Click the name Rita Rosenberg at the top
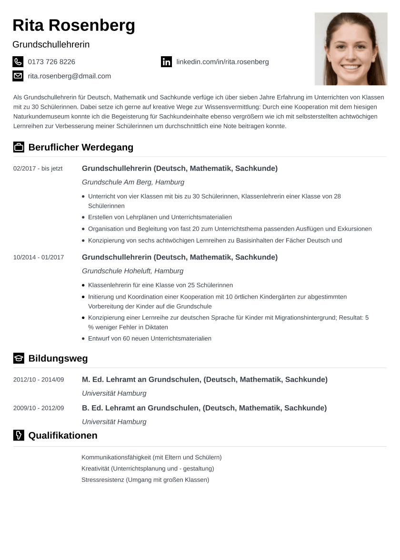tap(74, 25)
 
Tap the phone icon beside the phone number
tap(18, 61)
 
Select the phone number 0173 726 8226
tap(51, 62)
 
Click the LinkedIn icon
tap(166, 62)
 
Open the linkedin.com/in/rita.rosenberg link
tap(222, 62)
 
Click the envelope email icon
tap(18, 76)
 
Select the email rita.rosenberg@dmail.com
tap(70, 76)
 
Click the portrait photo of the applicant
tap(350, 49)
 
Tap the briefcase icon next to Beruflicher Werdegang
tap(18, 147)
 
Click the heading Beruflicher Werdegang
tap(81, 147)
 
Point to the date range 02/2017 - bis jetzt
tap(38, 169)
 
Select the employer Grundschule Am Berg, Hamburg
tap(133, 182)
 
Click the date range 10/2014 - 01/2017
tap(39, 258)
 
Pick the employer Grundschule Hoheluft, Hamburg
tap(132, 271)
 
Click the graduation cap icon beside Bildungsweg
tap(18, 359)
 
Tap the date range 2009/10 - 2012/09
tap(39, 408)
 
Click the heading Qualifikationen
tap(63, 435)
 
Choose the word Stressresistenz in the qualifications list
tap(103, 480)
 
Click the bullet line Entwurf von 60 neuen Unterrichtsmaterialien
tap(150, 339)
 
